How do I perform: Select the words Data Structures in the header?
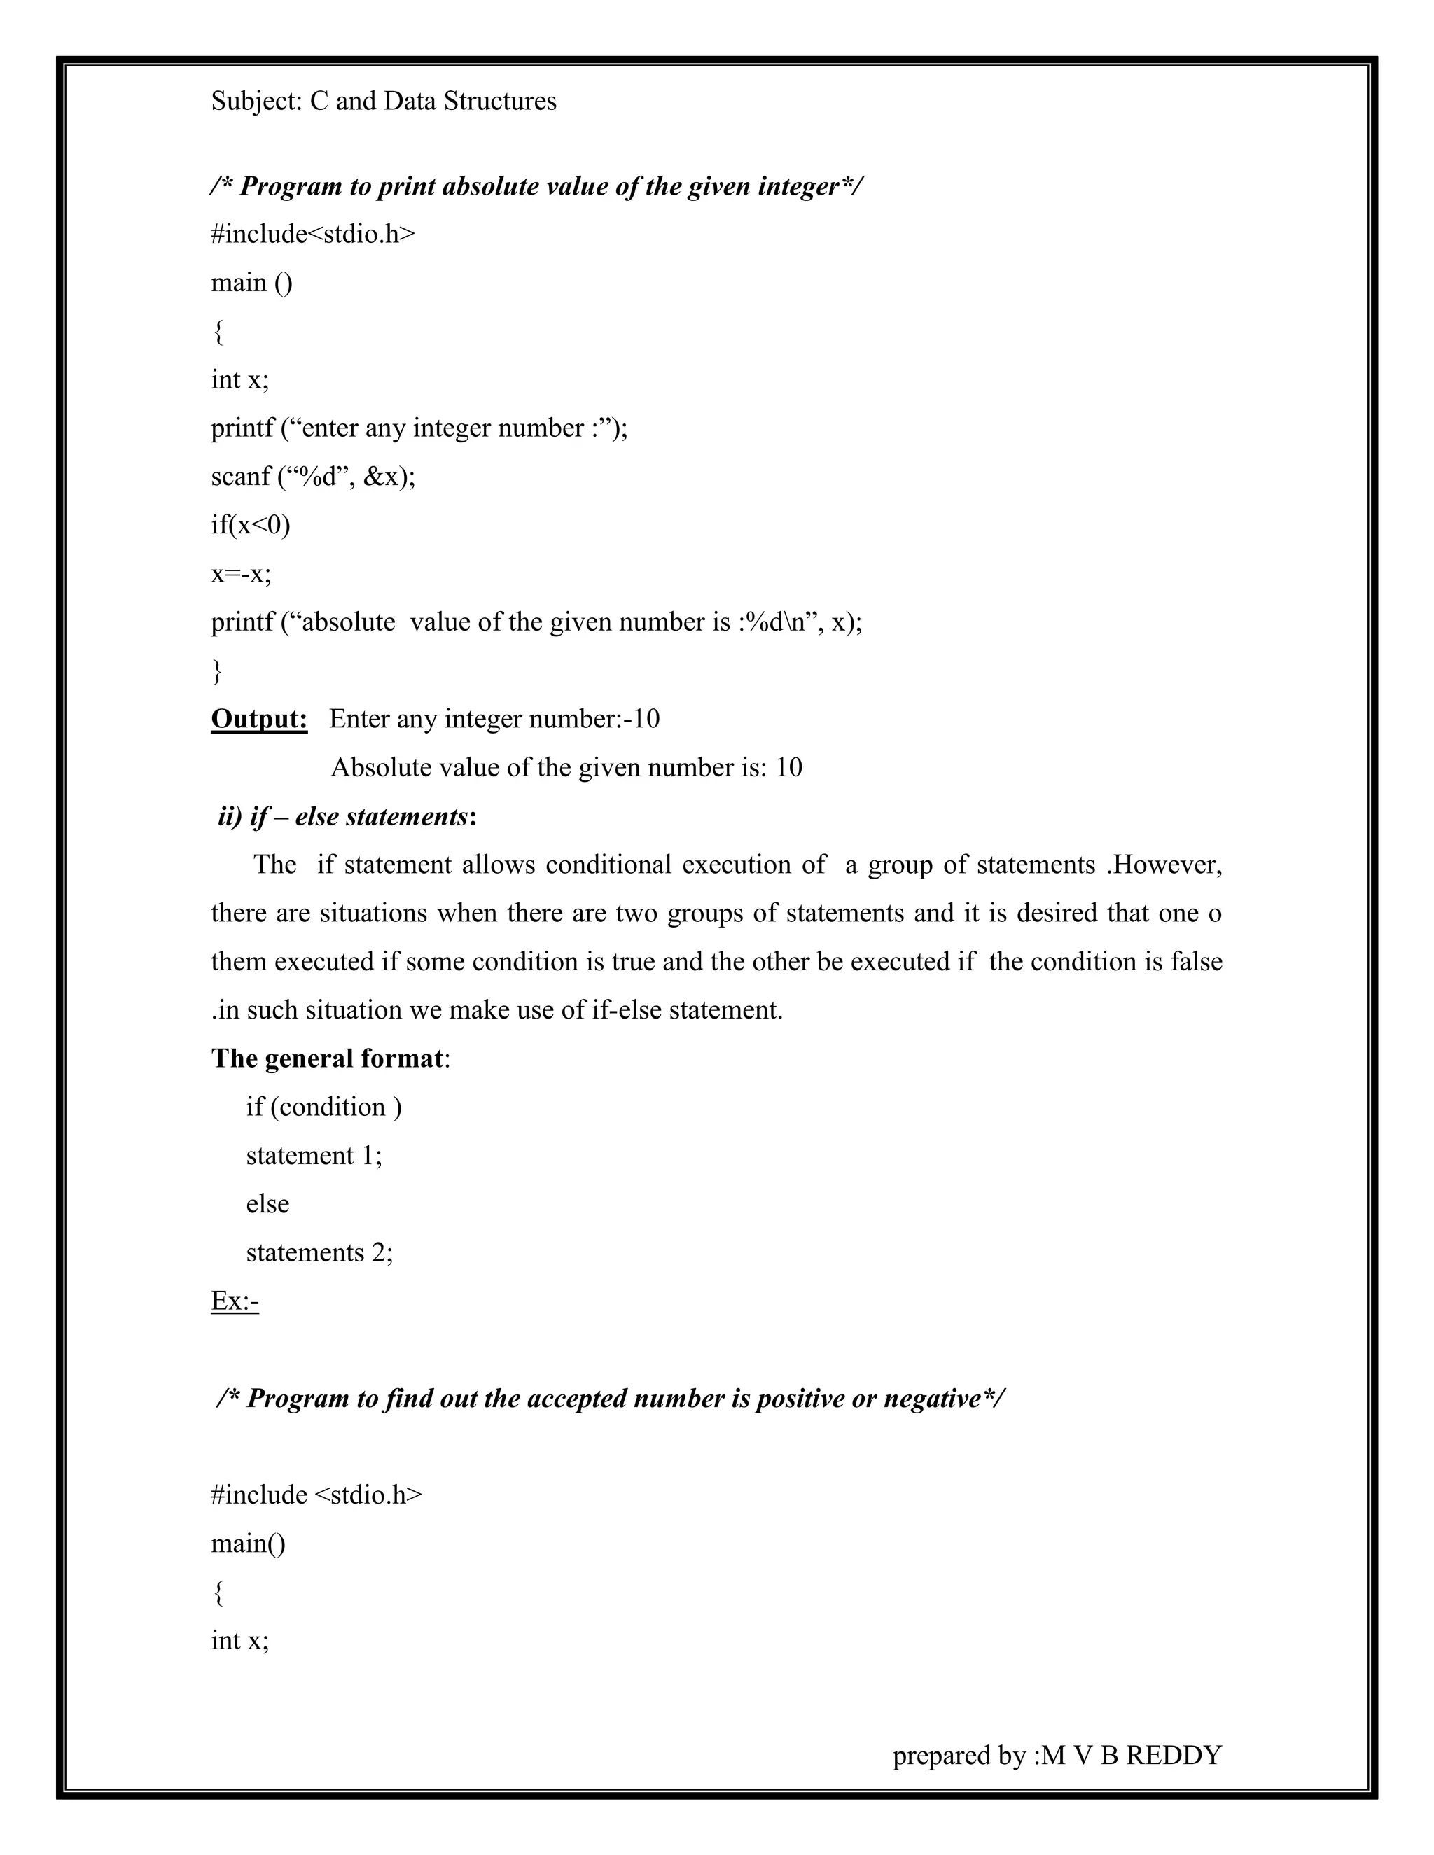pyautogui.click(x=470, y=101)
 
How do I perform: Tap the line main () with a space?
pyautogui.click(x=251, y=282)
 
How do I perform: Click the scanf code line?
pyautogui.click(x=312, y=477)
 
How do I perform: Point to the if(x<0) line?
pyautogui.click(x=251, y=525)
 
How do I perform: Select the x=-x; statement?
pyautogui.click(x=242, y=574)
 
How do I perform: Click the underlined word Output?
pyautogui.click(x=259, y=720)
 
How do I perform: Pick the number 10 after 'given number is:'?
pyautogui.click(x=788, y=768)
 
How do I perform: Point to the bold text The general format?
pyautogui.click(x=327, y=1058)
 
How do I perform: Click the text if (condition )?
pyautogui.click(x=323, y=1107)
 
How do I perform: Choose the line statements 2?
pyautogui.click(x=319, y=1252)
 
